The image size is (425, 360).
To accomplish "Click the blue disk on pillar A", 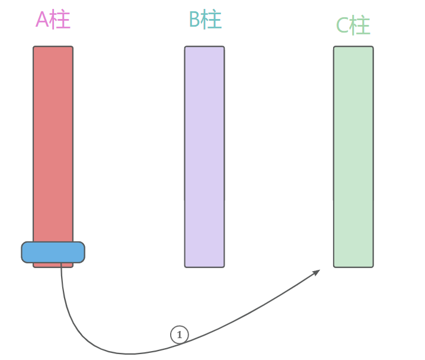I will pyautogui.click(x=53, y=252).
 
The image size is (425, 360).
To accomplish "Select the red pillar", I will pyautogui.click(x=53, y=142).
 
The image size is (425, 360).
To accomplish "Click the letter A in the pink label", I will pyautogui.click(x=42, y=20).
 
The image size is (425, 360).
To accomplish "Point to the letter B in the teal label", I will pyautogui.click(x=194, y=20).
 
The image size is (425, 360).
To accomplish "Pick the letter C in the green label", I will pyautogui.click(x=343, y=26).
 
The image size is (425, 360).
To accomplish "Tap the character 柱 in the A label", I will pyautogui.click(x=60, y=20).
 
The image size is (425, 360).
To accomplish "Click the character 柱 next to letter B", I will pyautogui.click(x=212, y=20).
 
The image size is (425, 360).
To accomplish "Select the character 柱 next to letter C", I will pyautogui.click(x=360, y=26).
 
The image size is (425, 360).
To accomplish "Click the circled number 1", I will pyautogui.click(x=179, y=335).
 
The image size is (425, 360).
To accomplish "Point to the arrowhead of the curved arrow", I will pyautogui.click(x=317, y=272).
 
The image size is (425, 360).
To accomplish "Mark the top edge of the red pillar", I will pyautogui.click(x=53, y=47).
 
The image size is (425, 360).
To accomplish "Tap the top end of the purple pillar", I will pyautogui.click(x=204, y=47).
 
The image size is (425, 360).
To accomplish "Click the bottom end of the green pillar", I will pyautogui.click(x=353, y=266).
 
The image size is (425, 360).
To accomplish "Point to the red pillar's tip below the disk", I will pyautogui.click(x=53, y=265).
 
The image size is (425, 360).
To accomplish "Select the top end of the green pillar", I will pyautogui.click(x=353, y=47).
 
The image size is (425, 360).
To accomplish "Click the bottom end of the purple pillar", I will pyautogui.click(x=204, y=266).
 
